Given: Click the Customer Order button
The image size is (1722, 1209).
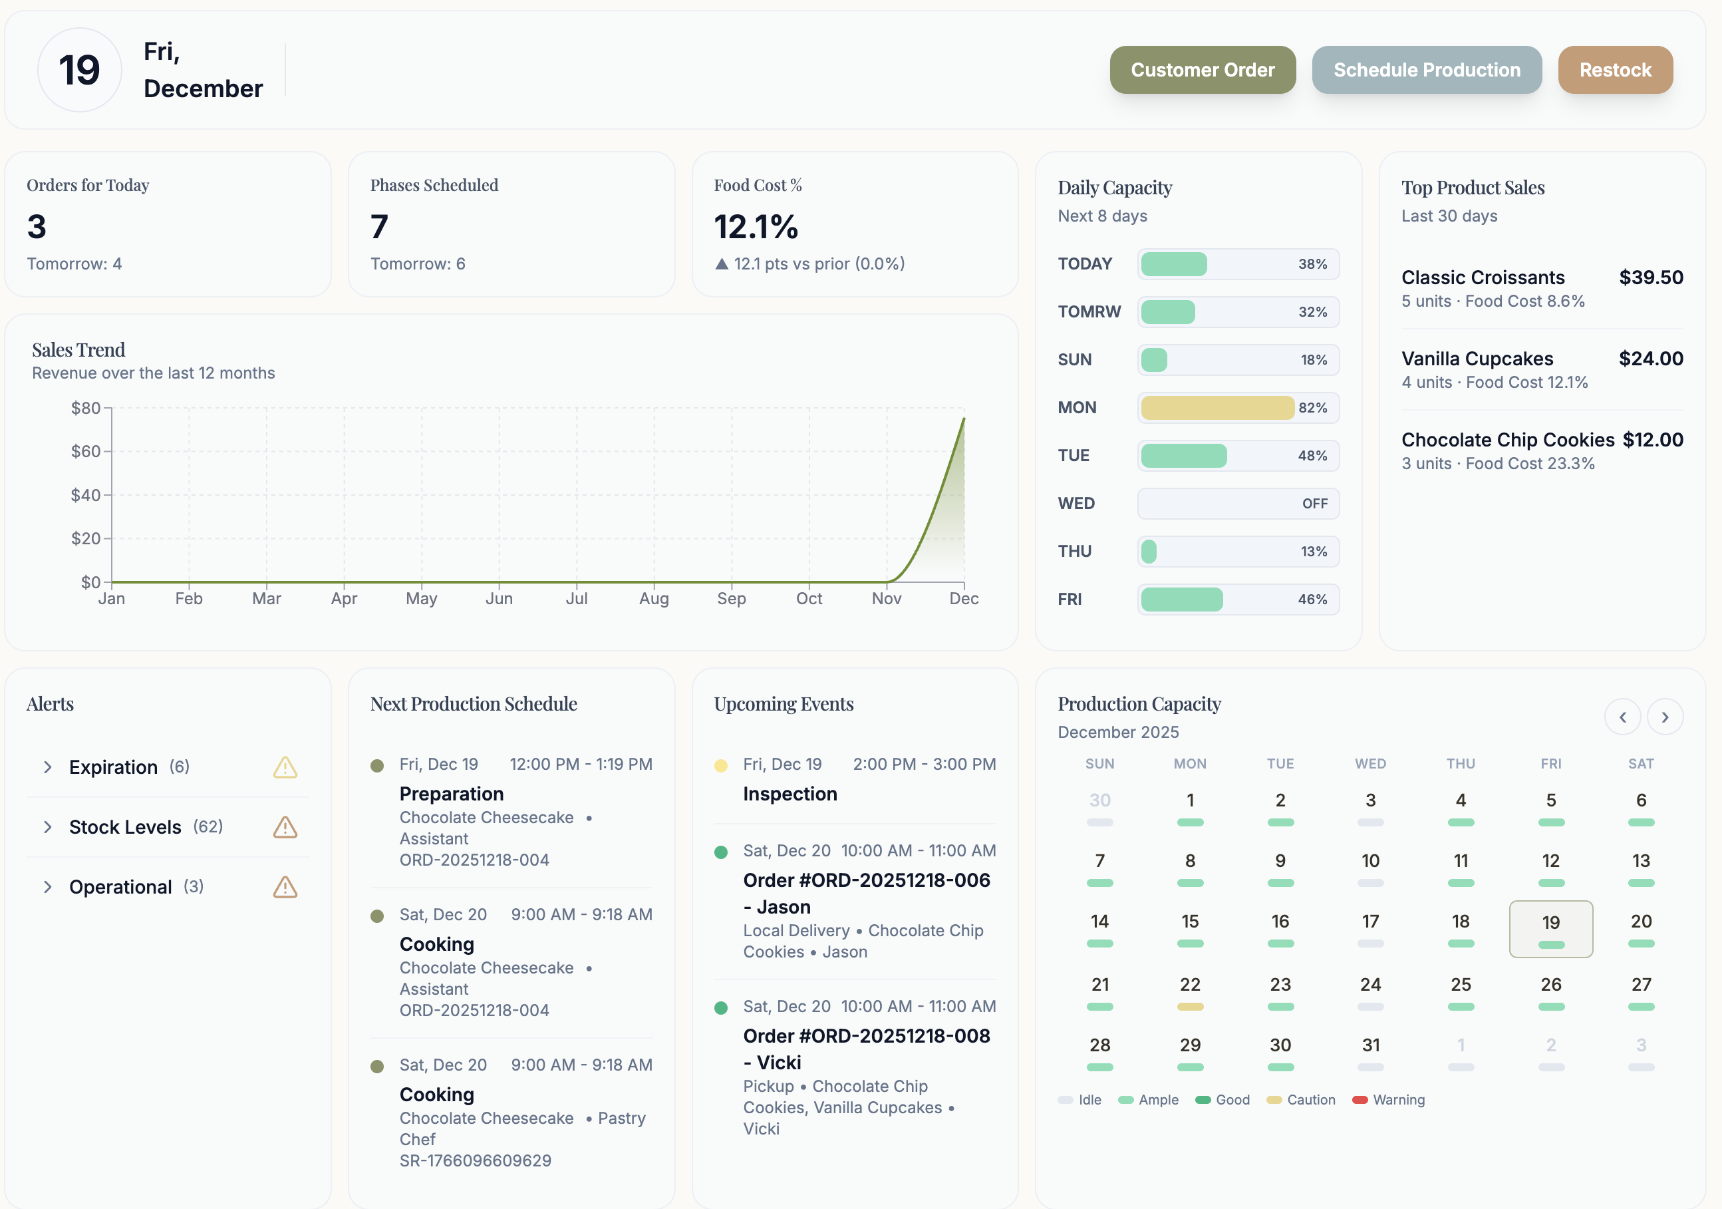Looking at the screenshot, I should click(1203, 70).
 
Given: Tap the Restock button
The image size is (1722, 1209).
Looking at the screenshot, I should click(1615, 70).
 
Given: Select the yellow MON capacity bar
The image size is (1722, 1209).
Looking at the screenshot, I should click(1217, 407).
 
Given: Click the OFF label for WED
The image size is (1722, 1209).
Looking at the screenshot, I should click(1314, 504).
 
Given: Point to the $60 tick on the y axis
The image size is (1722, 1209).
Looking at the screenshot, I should click(86, 451).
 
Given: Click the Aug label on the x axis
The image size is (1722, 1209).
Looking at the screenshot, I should click(653, 598).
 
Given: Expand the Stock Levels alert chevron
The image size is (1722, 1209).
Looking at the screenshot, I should click(48, 827).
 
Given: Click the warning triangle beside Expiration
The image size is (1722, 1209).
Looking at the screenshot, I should click(285, 767).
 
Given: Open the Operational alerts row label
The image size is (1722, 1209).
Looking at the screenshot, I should click(120, 887).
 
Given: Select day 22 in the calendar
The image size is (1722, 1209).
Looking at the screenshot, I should click(1189, 985).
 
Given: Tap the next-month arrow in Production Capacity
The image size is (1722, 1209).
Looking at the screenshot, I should click(1664, 717).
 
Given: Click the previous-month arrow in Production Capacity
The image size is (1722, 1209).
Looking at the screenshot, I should click(1622, 717).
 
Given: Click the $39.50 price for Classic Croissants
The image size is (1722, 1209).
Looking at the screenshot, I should click(1650, 277).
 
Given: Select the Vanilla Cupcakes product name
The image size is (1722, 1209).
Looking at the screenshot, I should click(1477, 359).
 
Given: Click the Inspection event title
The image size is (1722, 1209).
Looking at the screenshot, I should click(789, 794).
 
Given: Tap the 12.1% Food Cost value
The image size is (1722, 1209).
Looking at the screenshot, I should click(756, 227).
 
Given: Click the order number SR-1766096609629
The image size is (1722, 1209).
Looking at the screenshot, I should click(475, 1160).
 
